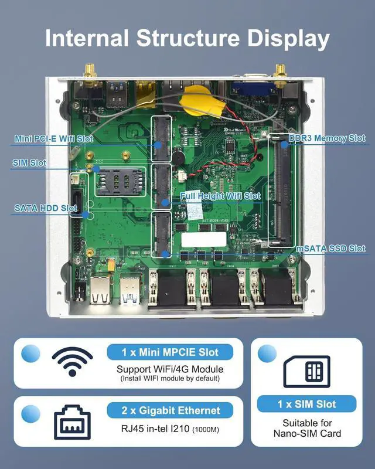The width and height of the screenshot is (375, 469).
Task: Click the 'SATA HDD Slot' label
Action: click(x=46, y=208)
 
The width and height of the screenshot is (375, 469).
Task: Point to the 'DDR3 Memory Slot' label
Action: click(x=327, y=138)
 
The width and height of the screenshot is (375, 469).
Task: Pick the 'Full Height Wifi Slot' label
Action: click(x=220, y=196)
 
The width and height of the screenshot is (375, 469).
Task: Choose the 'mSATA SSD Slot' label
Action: click(x=330, y=248)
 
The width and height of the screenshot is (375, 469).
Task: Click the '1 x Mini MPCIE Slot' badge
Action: click(x=170, y=352)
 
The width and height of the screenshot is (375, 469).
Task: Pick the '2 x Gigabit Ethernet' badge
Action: click(x=170, y=410)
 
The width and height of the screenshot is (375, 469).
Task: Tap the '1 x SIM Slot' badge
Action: click(x=307, y=404)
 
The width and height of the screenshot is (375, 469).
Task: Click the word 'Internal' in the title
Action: click(x=87, y=39)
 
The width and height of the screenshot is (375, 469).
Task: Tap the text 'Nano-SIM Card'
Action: click(x=307, y=434)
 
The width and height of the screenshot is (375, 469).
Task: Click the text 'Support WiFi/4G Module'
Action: click(x=170, y=369)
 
